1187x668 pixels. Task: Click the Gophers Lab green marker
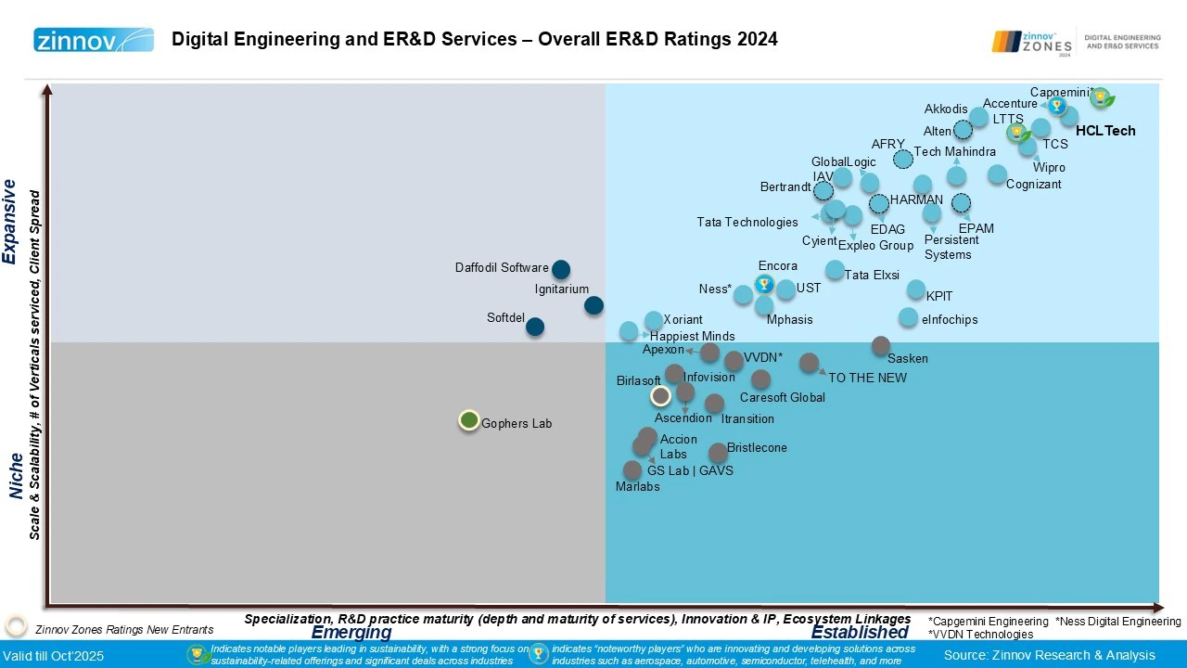coord(469,420)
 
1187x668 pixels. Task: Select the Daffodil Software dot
coord(561,270)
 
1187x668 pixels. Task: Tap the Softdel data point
coord(535,327)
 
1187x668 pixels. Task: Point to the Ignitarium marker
coord(594,305)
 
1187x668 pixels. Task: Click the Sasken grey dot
coord(881,346)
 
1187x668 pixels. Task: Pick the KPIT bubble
coord(916,289)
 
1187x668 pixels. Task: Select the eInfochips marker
coord(909,317)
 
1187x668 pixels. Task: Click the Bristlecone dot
coord(718,453)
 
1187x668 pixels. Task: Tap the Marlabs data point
coord(632,470)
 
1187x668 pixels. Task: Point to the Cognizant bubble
coord(997,173)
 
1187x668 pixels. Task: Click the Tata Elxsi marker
coord(835,270)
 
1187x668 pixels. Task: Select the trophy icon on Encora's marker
coord(764,284)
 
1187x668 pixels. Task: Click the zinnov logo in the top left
coord(94,40)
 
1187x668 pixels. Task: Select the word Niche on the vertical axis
coord(17,476)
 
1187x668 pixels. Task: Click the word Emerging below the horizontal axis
coord(351,633)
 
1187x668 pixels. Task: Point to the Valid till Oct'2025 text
coord(54,656)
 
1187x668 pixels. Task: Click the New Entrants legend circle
coord(16,626)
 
